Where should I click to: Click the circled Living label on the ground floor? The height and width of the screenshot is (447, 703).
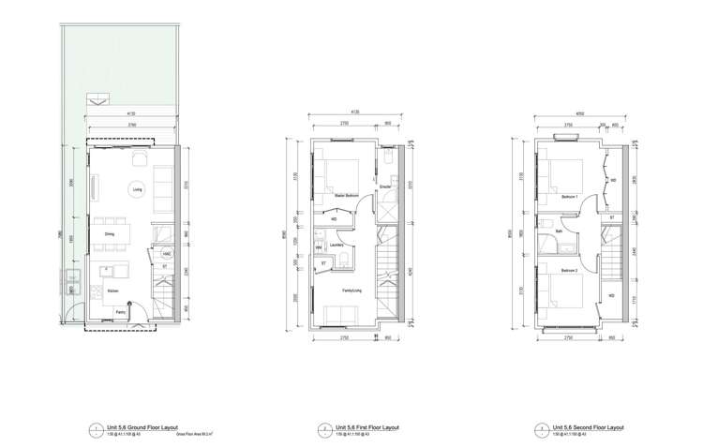(x=137, y=188)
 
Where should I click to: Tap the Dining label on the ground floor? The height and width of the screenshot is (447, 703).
(x=110, y=233)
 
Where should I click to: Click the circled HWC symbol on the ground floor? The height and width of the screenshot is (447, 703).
(x=166, y=253)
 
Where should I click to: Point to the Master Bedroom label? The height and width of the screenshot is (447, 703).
(x=347, y=195)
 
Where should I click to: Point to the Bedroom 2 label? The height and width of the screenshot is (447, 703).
(x=568, y=269)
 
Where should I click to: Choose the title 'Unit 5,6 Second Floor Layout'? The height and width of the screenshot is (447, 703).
(x=588, y=426)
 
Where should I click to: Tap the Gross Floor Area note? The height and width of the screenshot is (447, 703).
(x=192, y=434)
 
